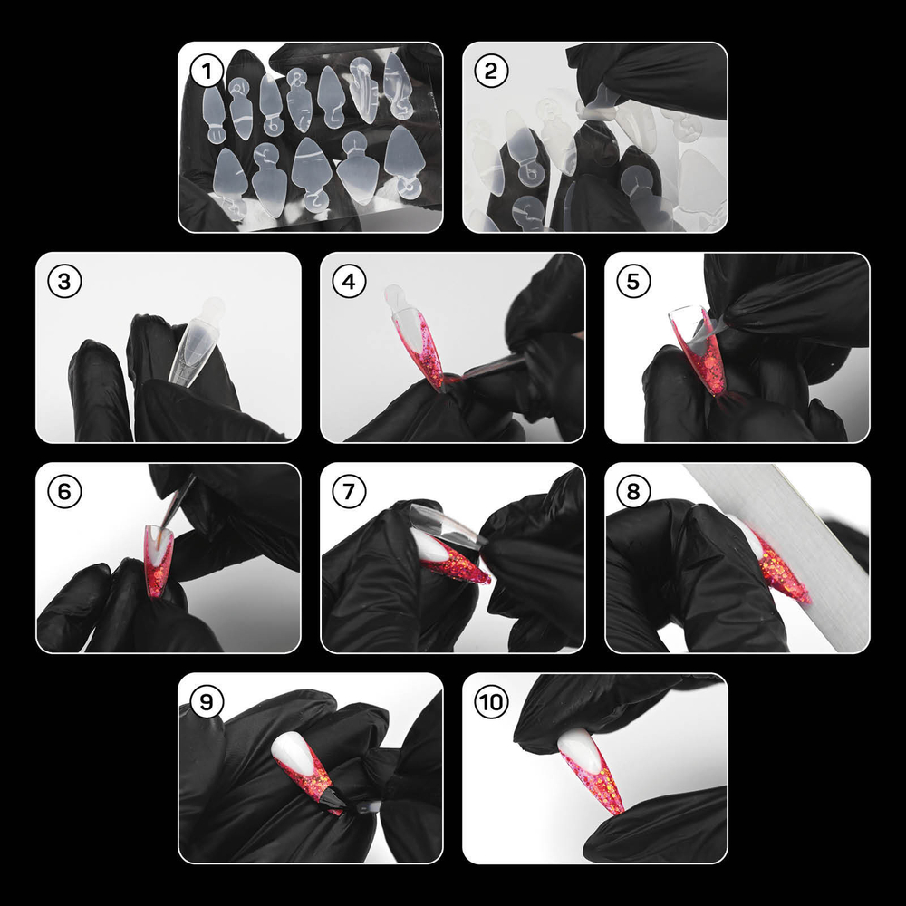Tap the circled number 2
tap(490, 72)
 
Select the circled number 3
tap(64, 282)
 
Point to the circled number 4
tap(349, 282)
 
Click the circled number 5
tap(632, 282)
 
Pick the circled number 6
tap(64, 492)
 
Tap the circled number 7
tap(349, 492)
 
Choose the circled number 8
tap(632, 492)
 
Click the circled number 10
tap(490, 702)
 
